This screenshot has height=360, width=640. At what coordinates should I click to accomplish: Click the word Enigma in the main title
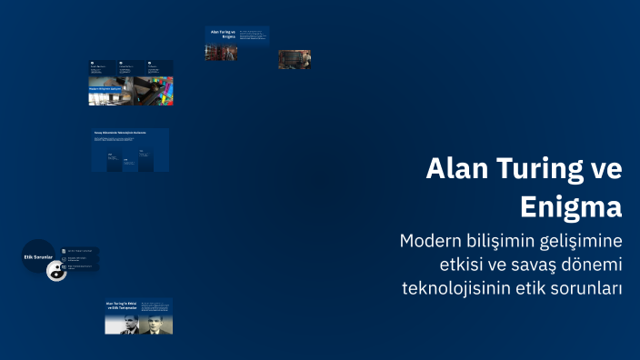pos(571,206)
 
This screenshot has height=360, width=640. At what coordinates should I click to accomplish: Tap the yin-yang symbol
pos(56,270)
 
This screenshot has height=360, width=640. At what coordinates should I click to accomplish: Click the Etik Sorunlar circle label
pos(38,256)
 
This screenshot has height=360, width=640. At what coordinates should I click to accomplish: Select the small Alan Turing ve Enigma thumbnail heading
pos(222,35)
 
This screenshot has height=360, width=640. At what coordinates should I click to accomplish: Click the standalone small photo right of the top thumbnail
pos(294,59)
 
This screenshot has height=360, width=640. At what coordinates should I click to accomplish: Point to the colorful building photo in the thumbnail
pos(161,90)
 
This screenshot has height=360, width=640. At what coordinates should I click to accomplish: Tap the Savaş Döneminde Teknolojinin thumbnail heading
pos(120,133)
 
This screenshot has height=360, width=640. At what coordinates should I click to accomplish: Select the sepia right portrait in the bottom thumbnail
pos(156,324)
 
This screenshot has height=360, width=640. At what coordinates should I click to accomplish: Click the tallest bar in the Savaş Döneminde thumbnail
pos(114,162)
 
